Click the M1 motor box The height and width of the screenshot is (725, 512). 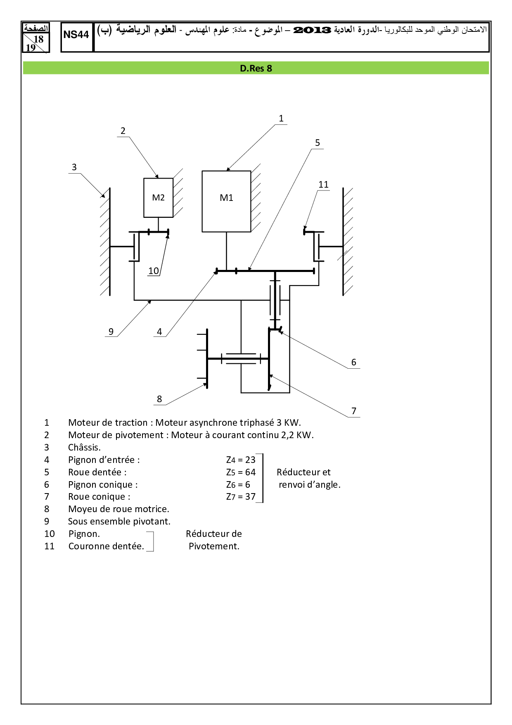pos(226,201)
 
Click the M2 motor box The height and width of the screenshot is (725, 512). pos(158,198)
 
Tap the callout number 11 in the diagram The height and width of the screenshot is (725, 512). pos(323,185)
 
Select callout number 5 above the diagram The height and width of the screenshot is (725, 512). pos(317,143)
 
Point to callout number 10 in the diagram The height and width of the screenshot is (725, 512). pos(154,271)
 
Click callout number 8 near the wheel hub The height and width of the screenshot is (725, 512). pos(159,399)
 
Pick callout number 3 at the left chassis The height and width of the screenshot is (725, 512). pos(74,167)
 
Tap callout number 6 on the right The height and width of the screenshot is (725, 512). pos(353,362)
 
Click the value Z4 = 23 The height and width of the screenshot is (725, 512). pos(241,460)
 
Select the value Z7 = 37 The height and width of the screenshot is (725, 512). pos(241,496)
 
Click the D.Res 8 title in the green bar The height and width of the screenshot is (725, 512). pos(256,68)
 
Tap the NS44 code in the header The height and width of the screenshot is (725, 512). pos(76,35)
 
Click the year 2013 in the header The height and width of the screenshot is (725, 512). pos(312,30)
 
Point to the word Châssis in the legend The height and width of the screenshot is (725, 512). pos(84,447)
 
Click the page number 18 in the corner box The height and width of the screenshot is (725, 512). pos(38,39)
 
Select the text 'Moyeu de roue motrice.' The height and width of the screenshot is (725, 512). pos(119,509)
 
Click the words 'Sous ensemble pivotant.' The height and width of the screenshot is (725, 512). pos(119,521)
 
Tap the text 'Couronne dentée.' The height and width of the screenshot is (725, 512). pos(106,546)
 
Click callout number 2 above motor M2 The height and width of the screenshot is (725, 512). pos(123,131)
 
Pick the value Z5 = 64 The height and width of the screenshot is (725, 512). pos(241,472)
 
